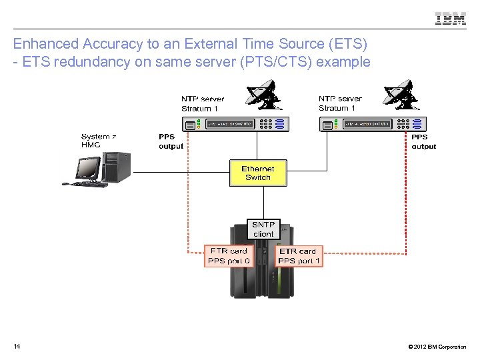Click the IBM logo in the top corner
[451, 19]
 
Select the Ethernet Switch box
[258, 173]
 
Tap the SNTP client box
[263, 229]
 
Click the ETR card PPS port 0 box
[229, 256]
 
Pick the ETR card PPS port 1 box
[299, 256]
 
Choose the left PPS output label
[171, 141]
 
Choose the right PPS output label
[423, 141]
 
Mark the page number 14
[17, 347]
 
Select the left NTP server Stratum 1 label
[202, 103]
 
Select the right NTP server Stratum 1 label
[340, 103]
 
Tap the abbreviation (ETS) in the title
[345, 44]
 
